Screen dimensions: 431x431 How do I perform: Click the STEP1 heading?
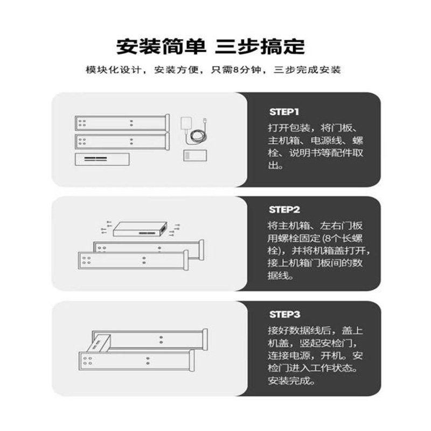click(283, 112)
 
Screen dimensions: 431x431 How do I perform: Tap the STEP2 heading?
click(284, 210)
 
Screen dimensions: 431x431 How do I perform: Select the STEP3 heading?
click(284, 314)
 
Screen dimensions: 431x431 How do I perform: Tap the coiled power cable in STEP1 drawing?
click(197, 137)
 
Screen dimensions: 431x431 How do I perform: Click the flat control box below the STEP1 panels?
click(103, 159)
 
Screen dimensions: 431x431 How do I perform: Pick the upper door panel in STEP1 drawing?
click(121, 123)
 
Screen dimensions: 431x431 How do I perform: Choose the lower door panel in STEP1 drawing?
click(121, 142)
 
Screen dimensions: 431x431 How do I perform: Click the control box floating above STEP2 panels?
click(140, 230)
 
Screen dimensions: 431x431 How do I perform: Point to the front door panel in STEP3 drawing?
click(135, 360)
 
